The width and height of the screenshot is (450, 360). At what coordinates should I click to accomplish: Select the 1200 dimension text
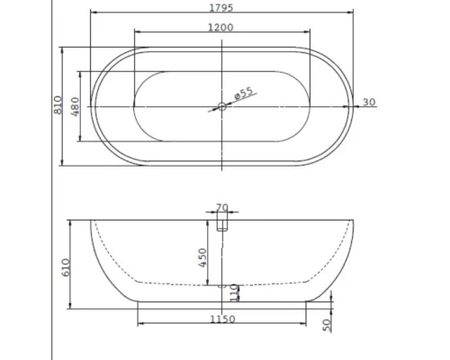click(221, 27)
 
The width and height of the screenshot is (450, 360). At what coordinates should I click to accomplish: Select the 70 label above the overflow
click(221, 207)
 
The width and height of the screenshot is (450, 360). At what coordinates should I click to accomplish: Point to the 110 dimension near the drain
click(232, 292)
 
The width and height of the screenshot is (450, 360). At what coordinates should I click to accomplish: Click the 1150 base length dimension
click(222, 319)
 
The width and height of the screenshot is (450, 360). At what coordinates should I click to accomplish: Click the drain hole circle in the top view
click(221, 106)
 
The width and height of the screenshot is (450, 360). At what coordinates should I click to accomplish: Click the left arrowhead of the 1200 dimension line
click(135, 33)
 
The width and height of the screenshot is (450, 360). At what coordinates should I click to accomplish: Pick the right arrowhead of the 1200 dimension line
click(308, 33)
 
